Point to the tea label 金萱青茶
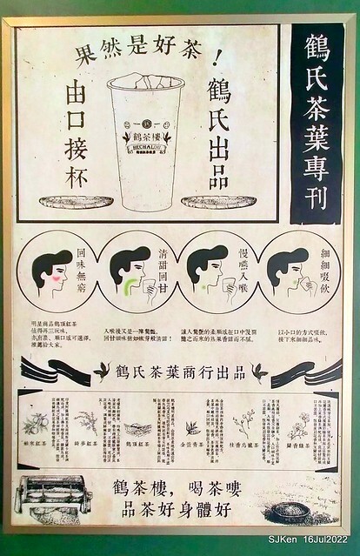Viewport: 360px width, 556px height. (x=193, y=445)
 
